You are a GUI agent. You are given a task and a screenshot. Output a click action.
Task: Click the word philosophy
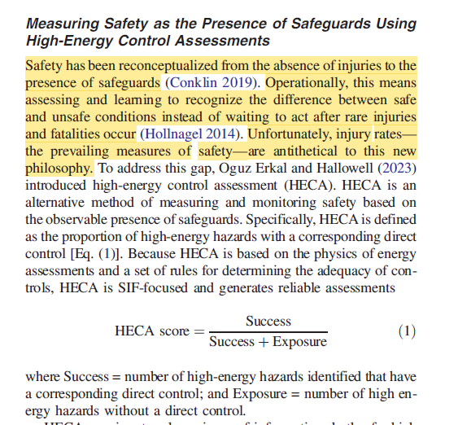pyautogui.click(x=59, y=168)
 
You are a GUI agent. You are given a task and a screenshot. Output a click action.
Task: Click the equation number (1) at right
pyautogui.click(x=408, y=331)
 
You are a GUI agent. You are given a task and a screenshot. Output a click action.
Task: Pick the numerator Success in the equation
pyautogui.click(x=268, y=321)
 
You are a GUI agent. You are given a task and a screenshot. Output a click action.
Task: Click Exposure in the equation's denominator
pyautogui.click(x=299, y=342)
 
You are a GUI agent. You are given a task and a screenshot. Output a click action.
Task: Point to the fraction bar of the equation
pyautogui.click(x=268, y=332)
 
